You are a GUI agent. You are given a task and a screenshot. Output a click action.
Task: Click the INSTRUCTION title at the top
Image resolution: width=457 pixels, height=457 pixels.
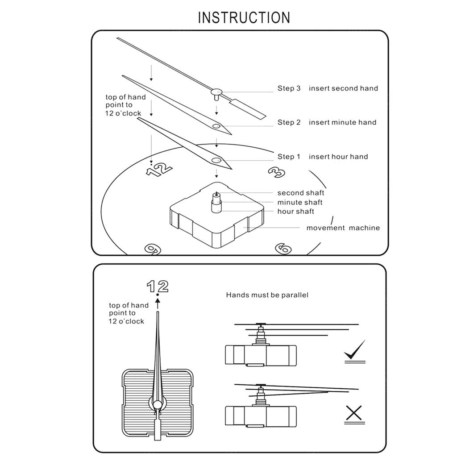click(x=244, y=18)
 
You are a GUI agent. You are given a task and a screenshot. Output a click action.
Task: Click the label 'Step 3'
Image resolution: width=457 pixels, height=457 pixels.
click(x=289, y=88)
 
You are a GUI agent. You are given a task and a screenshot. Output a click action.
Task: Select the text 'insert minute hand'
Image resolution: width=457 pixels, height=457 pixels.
click(x=342, y=122)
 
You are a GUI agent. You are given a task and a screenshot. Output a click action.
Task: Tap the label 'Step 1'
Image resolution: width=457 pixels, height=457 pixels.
click(x=289, y=157)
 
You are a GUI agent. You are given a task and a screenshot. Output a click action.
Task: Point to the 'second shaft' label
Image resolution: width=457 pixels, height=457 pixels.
click(x=301, y=193)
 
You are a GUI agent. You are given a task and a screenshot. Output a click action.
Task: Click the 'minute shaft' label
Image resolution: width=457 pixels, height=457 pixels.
click(x=300, y=202)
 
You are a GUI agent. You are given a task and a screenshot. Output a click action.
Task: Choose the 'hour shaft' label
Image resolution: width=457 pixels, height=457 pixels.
click(x=296, y=211)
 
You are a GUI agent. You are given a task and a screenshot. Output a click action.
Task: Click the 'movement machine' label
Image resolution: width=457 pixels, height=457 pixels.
click(x=343, y=228)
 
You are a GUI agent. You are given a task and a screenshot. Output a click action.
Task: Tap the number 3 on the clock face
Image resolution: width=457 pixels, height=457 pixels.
click(x=277, y=172)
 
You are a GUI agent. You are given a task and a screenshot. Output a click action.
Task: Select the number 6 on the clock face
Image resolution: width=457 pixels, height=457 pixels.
click(x=283, y=248)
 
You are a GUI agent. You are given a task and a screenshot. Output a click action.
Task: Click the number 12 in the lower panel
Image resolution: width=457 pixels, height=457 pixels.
click(x=158, y=286)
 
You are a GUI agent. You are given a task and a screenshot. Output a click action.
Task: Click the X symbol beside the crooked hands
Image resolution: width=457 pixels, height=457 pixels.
click(x=354, y=414)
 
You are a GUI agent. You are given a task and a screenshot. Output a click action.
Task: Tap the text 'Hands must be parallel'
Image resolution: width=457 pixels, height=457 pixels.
click(x=267, y=295)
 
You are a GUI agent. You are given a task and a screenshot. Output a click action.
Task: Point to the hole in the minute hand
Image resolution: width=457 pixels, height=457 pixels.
click(x=216, y=127)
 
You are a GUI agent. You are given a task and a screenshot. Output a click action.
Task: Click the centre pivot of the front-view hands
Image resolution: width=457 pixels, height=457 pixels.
click(x=158, y=404)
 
